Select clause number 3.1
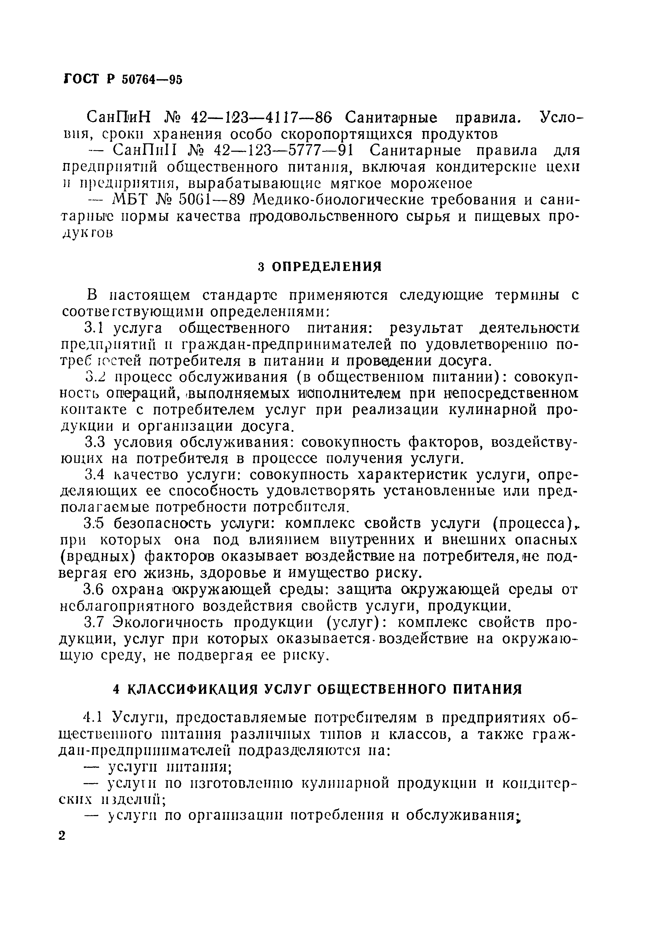[x=93, y=328]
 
